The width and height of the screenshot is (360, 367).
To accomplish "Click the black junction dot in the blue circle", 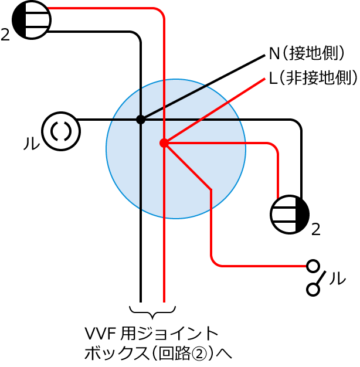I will point(141,120).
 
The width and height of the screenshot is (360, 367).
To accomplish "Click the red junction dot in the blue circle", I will point(164,142).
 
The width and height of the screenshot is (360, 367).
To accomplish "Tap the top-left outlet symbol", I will point(32,20).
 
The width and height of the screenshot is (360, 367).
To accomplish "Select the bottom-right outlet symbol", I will point(290,214).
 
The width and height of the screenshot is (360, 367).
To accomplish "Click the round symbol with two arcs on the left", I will point(61,131).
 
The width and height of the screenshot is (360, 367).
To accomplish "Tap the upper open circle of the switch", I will point(314,266).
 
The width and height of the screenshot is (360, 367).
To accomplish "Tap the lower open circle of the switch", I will point(314,289).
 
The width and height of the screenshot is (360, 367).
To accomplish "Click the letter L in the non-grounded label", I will point(273,78).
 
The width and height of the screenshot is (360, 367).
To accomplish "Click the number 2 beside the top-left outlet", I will point(5,36).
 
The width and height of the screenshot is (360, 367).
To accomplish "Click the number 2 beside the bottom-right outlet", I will point(315,230).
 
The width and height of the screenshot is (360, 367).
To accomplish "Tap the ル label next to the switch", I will point(337,278).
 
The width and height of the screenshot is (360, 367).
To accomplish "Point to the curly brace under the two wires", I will point(152,310).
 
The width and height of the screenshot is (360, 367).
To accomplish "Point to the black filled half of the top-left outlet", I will point(19,20).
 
